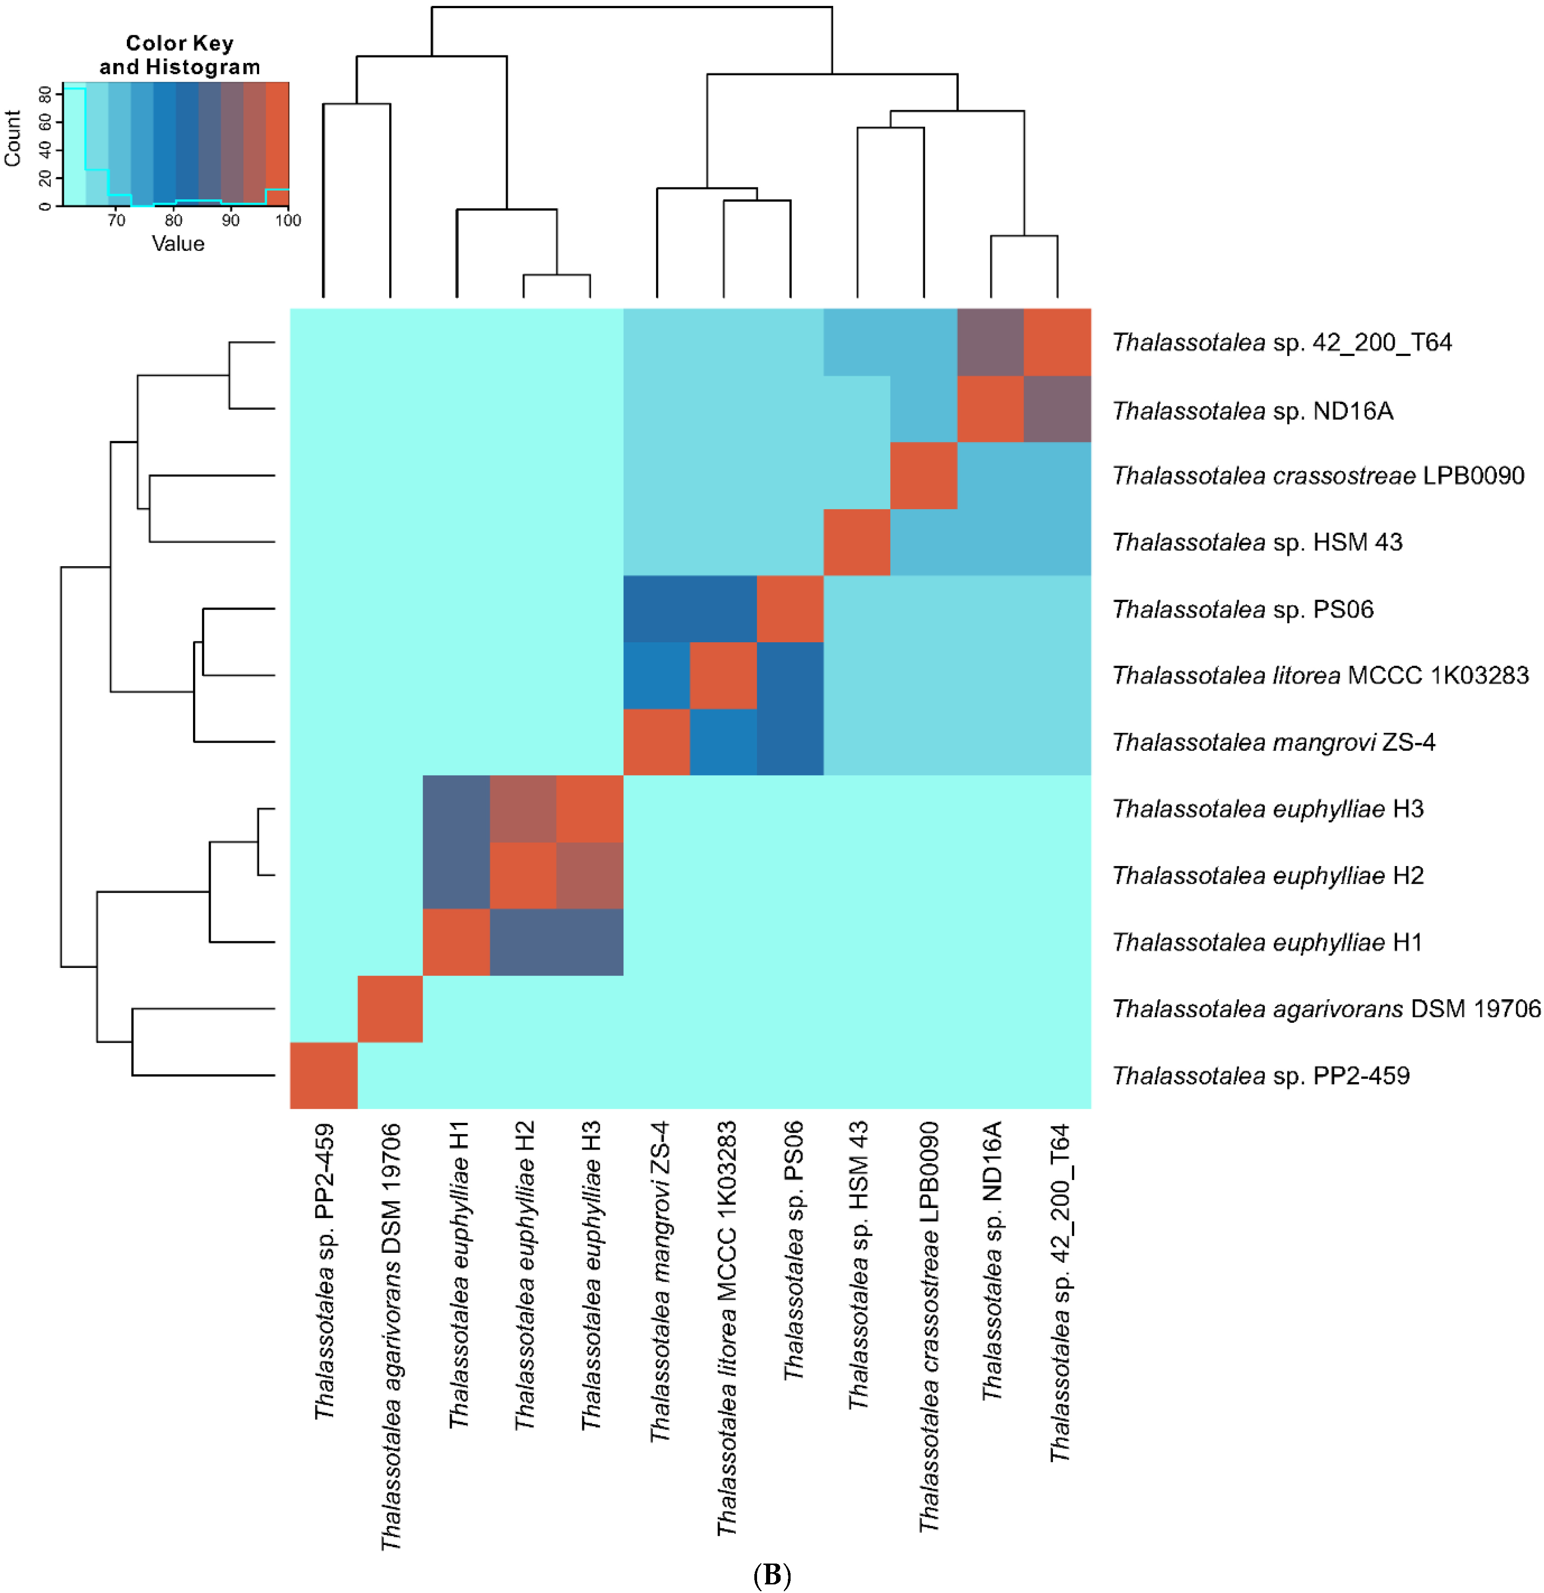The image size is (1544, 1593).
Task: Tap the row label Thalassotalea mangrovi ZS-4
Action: pyautogui.click(x=1273, y=742)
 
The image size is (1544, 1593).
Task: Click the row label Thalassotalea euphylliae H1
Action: pyautogui.click(x=1267, y=942)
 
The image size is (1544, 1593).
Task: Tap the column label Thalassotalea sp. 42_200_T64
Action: pyautogui.click(x=1059, y=1292)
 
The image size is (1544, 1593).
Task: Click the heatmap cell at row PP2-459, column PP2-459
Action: pyautogui.click(x=323, y=1075)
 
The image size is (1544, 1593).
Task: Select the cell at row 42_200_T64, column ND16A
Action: pyautogui.click(x=990, y=342)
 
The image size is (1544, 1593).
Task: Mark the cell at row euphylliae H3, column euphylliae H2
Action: pyautogui.click(x=524, y=809)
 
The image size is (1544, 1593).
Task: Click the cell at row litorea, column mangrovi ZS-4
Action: pyautogui.click(x=657, y=675)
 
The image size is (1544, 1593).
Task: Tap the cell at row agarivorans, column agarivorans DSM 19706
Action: pyautogui.click(x=390, y=1009)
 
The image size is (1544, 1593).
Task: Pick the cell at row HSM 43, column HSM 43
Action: pyautogui.click(x=857, y=542)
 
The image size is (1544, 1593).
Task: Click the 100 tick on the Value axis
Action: pyautogui.click(x=288, y=220)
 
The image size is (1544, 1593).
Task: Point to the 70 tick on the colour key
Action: pyautogui.click(x=116, y=220)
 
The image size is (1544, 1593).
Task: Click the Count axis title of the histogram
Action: pyautogui.click(x=12, y=139)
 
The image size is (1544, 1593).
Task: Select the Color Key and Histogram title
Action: pyautogui.click(x=180, y=54)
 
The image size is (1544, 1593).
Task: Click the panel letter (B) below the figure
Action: pyautogui.click(x=772, y=1576)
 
